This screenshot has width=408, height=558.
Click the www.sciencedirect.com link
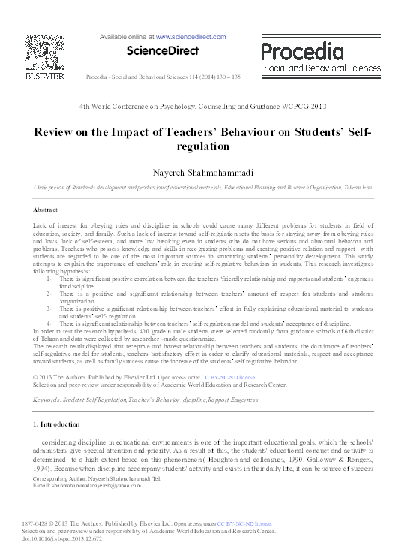191,35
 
